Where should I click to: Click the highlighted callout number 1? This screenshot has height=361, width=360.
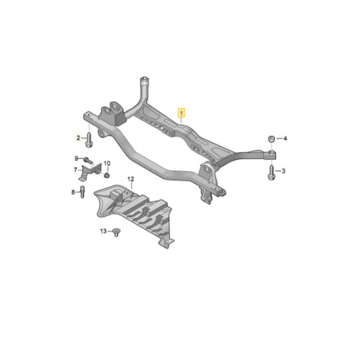coord(181,113)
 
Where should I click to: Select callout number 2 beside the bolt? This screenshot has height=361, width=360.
coord(79,138)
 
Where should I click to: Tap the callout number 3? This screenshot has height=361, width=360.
coord(283,171)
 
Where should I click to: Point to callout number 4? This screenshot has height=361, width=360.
coord(285,139)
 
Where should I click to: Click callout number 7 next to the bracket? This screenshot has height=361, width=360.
coord(75,170)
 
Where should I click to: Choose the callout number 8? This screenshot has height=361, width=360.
coord(73,192)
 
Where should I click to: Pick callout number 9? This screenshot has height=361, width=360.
coord(76,158)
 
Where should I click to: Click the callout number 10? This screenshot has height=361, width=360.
coord(107,163)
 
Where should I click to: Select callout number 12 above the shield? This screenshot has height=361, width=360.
coord(131,179)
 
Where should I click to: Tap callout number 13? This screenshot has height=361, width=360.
coord(103,231)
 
